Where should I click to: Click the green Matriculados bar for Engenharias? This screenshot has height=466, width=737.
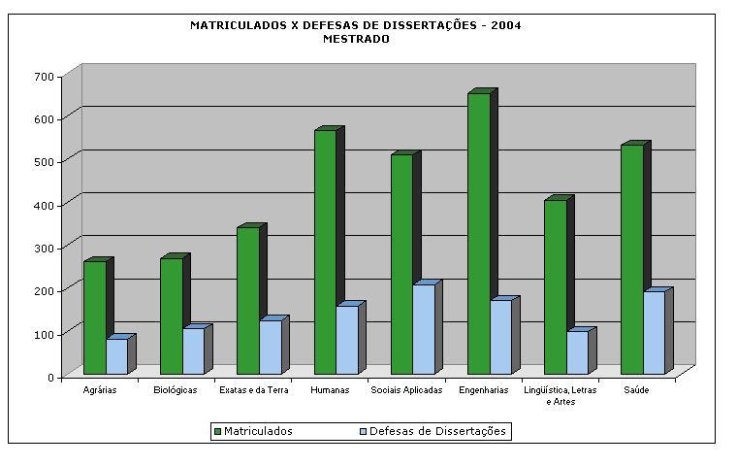(x=479, y=233)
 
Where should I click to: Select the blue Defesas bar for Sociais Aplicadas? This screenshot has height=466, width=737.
(x=424, y=329)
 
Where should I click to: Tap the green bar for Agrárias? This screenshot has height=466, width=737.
(x=95, y=317)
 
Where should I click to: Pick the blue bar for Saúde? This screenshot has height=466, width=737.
(x=655, y=333)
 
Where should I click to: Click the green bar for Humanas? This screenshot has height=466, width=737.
(x=325, y=252)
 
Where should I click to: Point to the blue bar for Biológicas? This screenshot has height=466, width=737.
(x=194, y=351)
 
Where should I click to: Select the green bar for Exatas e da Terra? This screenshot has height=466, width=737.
(x=248, y=301)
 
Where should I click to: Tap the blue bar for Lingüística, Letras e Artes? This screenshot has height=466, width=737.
(x=578, y=352)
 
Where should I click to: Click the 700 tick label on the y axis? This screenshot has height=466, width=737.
(x=45, y=77)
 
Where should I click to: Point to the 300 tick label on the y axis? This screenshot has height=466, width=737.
(x=45, y=249)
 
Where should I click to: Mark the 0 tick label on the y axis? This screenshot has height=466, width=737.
(x=50, y=378)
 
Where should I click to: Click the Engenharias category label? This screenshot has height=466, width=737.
(x=484, y=390)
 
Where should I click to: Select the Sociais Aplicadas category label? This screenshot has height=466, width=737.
(x=406, y=390)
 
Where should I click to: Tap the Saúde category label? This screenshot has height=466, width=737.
(x=636, y=390)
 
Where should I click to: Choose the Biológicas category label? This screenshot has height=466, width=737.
(x=176, y=390)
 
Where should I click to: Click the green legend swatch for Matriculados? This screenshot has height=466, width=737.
(x=217, y=432)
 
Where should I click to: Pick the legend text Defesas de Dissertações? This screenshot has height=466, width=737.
(x=437, y=431)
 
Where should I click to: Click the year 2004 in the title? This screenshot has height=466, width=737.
(x=506, y=25)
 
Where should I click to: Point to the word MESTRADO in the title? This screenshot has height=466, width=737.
(x=356, y=39)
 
